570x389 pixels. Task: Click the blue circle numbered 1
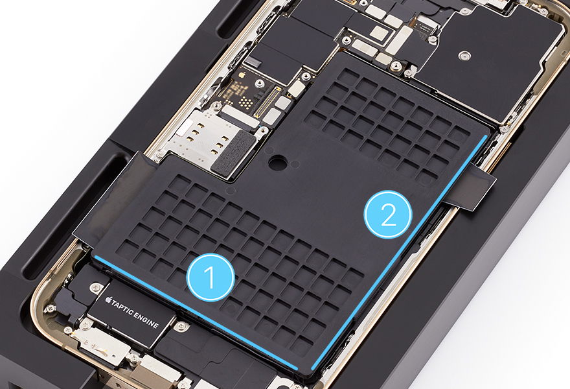[211, 277]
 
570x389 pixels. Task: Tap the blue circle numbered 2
[388, 214]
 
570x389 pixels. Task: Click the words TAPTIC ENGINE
[135, 312]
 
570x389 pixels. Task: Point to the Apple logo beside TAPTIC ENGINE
[108, 300]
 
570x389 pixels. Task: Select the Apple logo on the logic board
[242, 75]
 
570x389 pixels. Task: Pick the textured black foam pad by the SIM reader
[233, 151]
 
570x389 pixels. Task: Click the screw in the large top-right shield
[464, 56]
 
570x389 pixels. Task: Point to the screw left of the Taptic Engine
[95, 287]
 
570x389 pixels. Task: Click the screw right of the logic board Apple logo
[258, 84]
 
